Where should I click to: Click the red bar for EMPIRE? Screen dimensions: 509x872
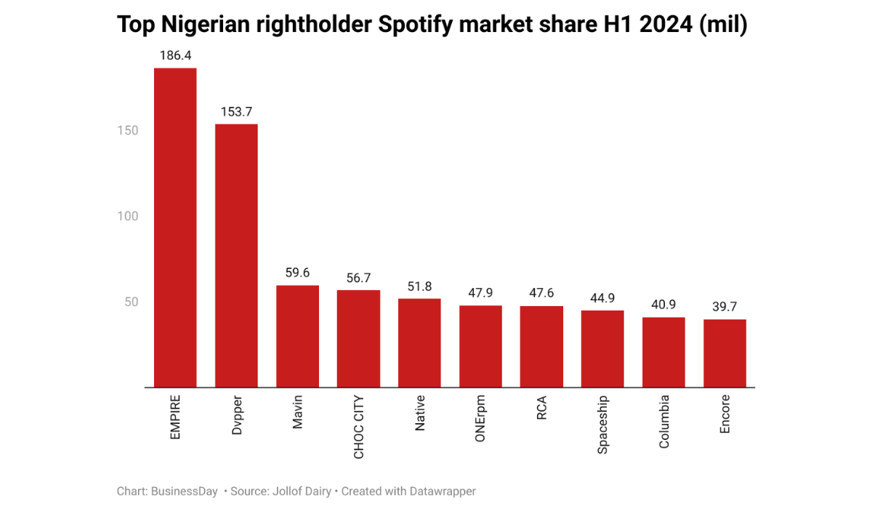pyautogui.click(x=174, y=228)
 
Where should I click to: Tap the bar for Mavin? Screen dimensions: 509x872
pyautogui.click(x=297, y=336)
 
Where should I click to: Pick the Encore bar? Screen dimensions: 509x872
pyautogui.click(x=724, y=353)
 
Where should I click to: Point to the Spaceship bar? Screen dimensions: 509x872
pyautogui.click(x=602, y=349)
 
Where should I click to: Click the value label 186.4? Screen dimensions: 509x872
pyautogui.click(x=174, y=55)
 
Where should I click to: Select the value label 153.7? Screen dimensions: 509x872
pyautogui.click(x=236, y=112)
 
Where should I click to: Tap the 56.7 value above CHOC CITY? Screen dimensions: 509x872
pyautogui.click(x=358, y=278)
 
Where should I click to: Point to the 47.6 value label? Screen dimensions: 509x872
pyautogui.click(x=541, y=293)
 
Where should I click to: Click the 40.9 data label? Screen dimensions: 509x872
pyautogui.click(x=663, y=305)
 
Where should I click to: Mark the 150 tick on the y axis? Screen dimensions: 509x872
pyautogui.click(x=128, y=131)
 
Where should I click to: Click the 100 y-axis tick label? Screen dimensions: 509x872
pyautogui.click(x=128, y=217)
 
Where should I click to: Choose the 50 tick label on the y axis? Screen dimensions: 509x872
pyautogui.click(x=131, y=302)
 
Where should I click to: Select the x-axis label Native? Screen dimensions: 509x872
pyautogui.click(x=420, y=414)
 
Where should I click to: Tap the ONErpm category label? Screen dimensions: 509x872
pyautogui.click(x=481, y=421)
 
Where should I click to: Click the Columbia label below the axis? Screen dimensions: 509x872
pyautogui.click(x=664, y=422)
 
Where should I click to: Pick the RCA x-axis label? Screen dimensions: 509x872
pyautogui.click(x=542, y=409)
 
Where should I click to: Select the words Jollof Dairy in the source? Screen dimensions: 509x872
pyautogui.click(x=300, y=492)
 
